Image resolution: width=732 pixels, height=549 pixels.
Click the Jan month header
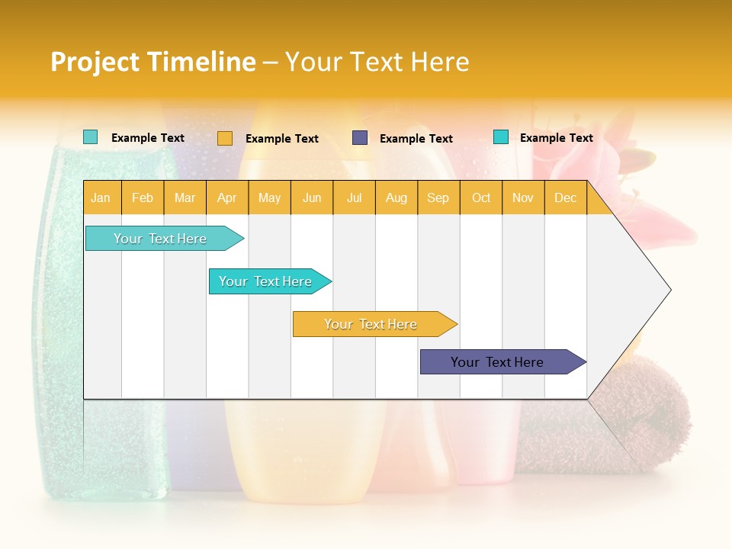pos(101,198)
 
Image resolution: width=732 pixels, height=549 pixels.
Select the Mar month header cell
pos(185,198)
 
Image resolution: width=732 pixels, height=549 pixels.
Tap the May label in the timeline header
pos(269,198)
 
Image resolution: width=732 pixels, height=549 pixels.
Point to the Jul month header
pos(354,198)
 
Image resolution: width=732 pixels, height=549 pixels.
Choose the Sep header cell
pos(438,198)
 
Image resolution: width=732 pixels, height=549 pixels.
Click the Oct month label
pos(481,198)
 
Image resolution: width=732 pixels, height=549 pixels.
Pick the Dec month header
pos(565,198)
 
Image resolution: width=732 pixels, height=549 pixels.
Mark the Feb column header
pos(143,198)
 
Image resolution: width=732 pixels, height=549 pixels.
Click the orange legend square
pos(225,138)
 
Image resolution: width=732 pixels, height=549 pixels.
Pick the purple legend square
pos(360,138)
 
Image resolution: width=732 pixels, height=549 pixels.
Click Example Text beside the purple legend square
pos(416,139)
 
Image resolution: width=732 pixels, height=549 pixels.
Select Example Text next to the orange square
pos(281,139)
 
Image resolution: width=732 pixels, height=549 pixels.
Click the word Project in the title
pos(94,62)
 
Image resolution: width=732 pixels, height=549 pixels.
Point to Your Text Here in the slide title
pos(377,62)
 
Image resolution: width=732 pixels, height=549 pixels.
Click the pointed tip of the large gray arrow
pos(669,290)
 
